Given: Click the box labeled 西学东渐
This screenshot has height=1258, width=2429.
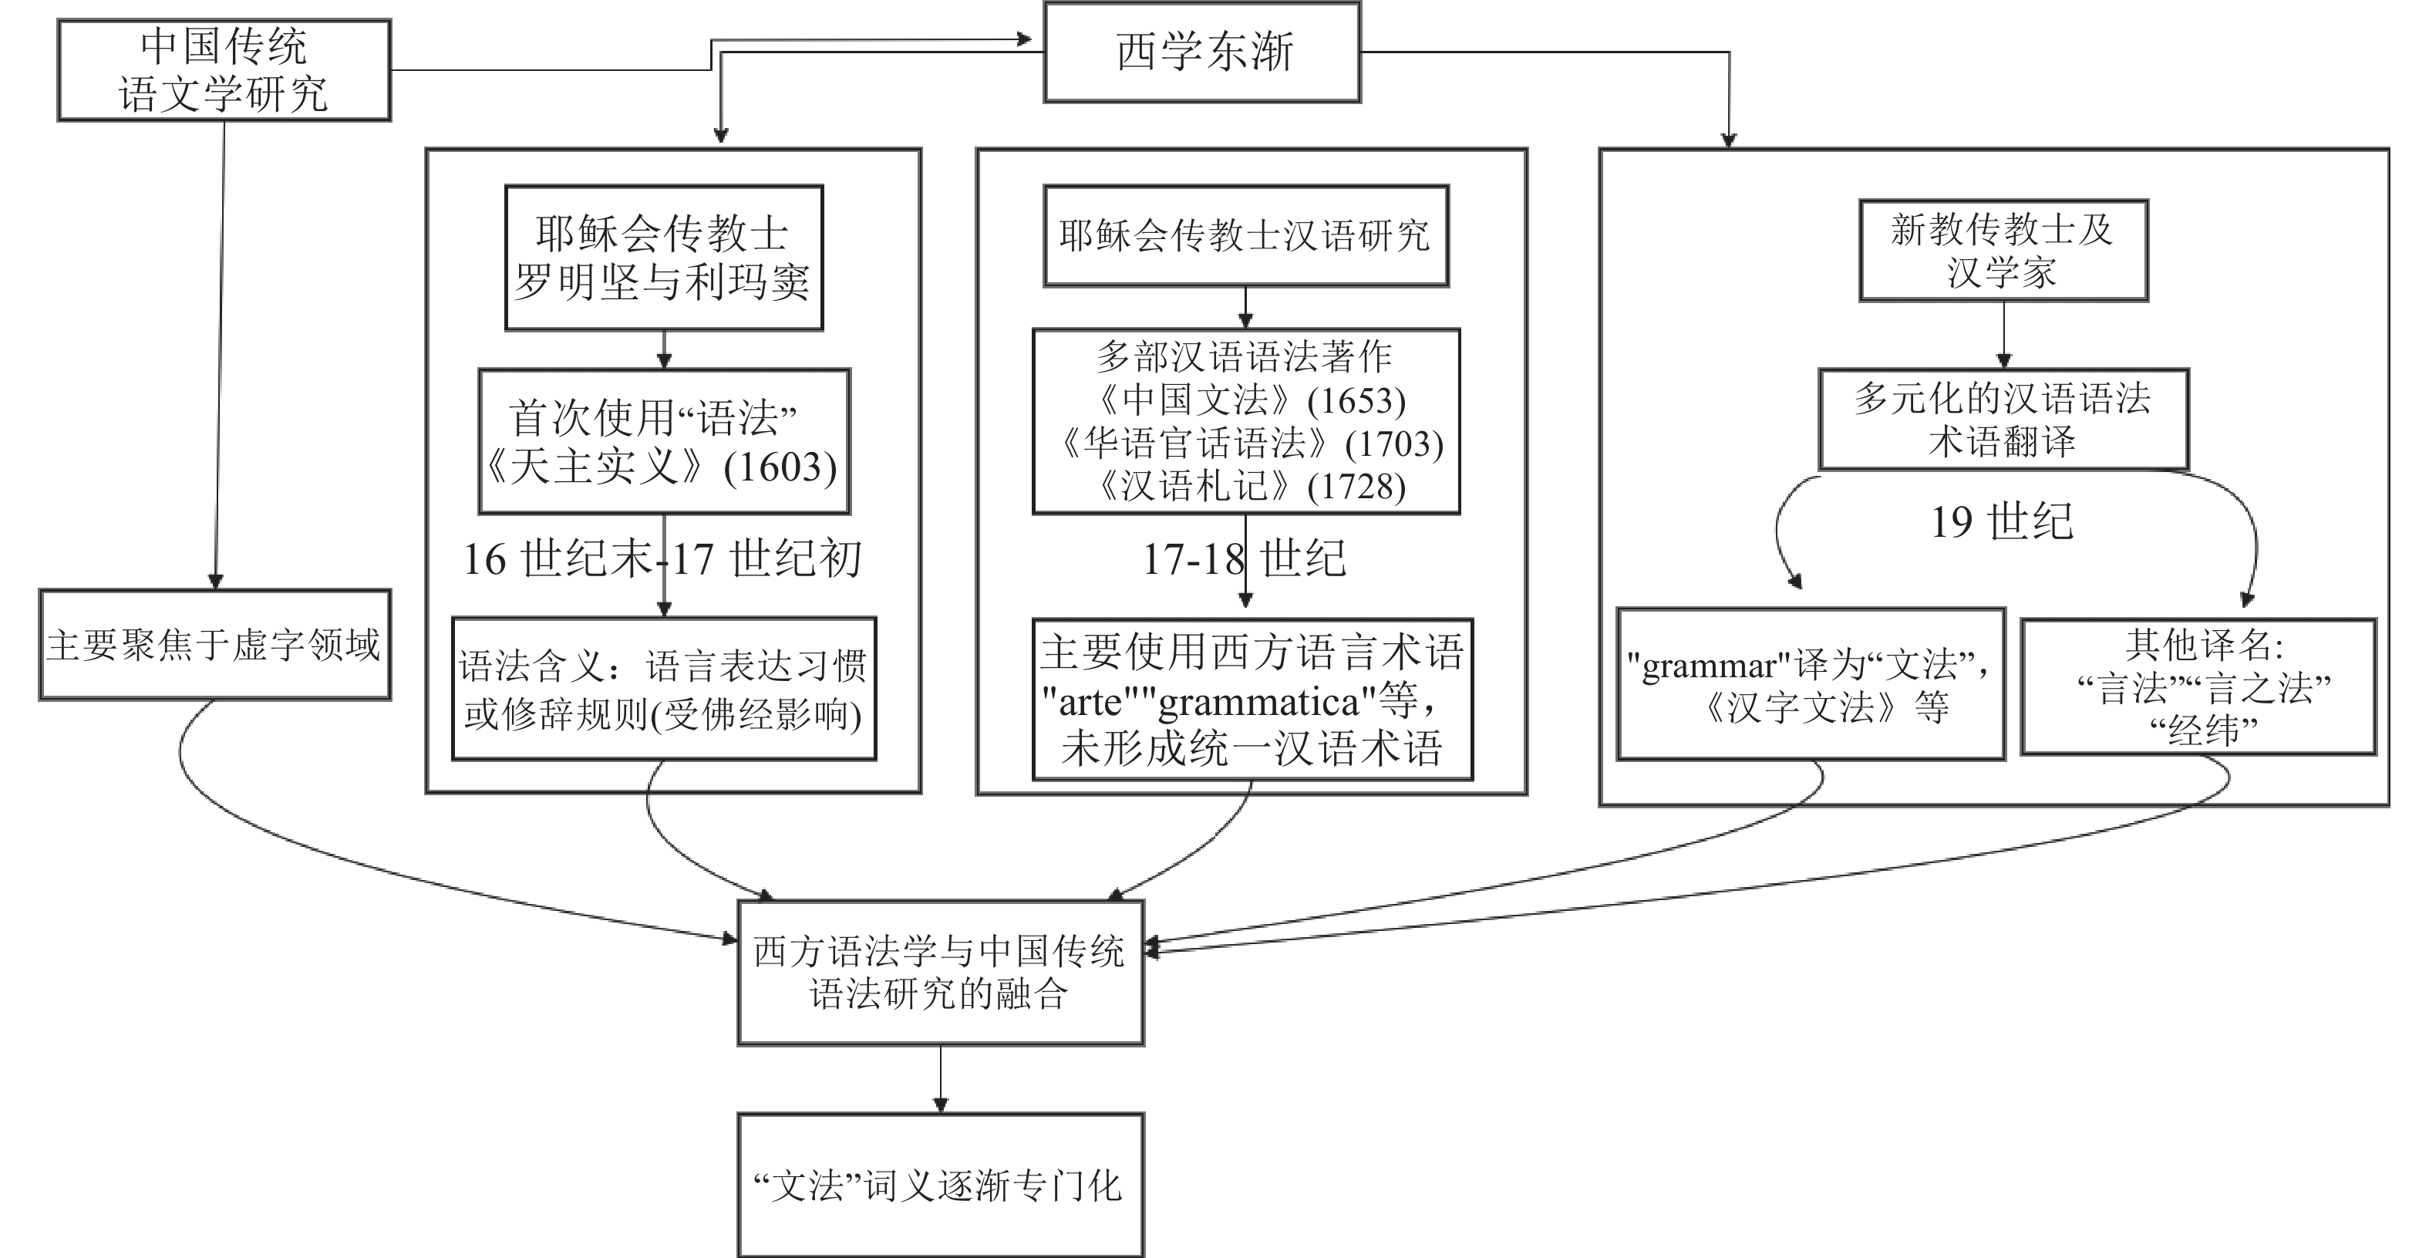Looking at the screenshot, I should pos(1201,52).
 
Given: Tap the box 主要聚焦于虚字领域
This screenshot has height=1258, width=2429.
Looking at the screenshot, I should pos(214,645).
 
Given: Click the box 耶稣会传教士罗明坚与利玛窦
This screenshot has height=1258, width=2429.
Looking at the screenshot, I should pos(663,258).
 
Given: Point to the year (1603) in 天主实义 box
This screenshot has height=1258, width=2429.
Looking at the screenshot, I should pos(780,467).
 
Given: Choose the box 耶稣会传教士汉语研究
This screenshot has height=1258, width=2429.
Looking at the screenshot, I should pos(1245,236).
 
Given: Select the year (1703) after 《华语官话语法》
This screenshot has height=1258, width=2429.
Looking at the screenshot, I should pos(1393,444).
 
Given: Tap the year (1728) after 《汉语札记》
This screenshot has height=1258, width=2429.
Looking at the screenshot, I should pos(1356,487).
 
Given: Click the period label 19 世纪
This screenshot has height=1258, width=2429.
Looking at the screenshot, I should pos(2002,522).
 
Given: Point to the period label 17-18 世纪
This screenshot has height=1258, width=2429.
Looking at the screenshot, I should pos(1244,559).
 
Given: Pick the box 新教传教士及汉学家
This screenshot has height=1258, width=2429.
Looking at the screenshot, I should pos(2003,251).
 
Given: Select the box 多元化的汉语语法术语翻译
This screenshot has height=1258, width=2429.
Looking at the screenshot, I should pos(2003,420).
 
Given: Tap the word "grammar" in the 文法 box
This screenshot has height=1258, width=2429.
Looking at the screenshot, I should pos(1708,666).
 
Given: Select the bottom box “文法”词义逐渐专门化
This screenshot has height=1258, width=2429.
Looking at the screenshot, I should pos(940,1185).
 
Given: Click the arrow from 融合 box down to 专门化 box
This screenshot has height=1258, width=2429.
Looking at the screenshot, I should pos(940,1080).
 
